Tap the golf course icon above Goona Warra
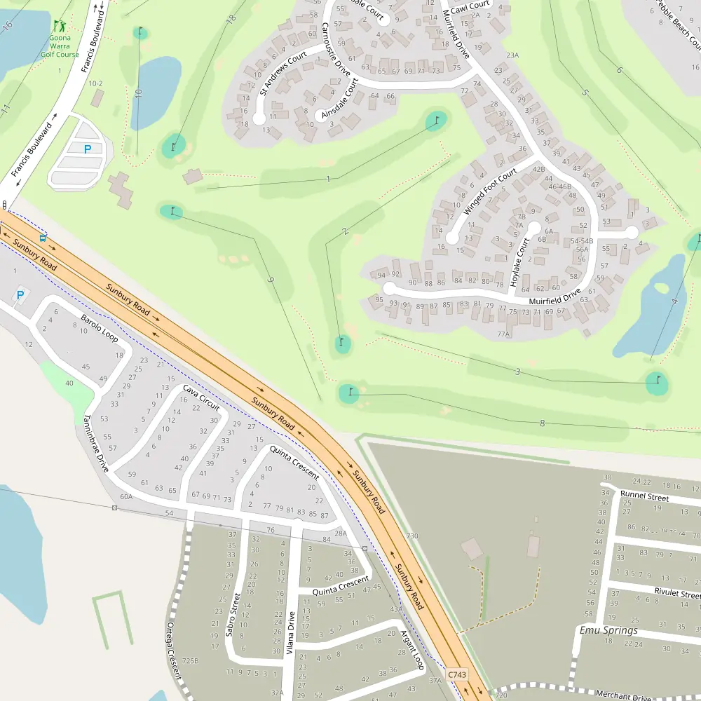[60, 26]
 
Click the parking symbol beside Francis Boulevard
[88, 149]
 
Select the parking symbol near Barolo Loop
[20, 295]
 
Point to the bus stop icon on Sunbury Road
[43, 237]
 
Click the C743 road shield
[456, 674]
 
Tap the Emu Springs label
[608, 630]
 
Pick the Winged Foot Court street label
[490, 191]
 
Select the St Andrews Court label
[283, 72]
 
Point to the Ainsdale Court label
[340, 98]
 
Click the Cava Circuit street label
[201, 397]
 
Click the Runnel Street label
[644, 496]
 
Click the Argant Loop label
[411, 649]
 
